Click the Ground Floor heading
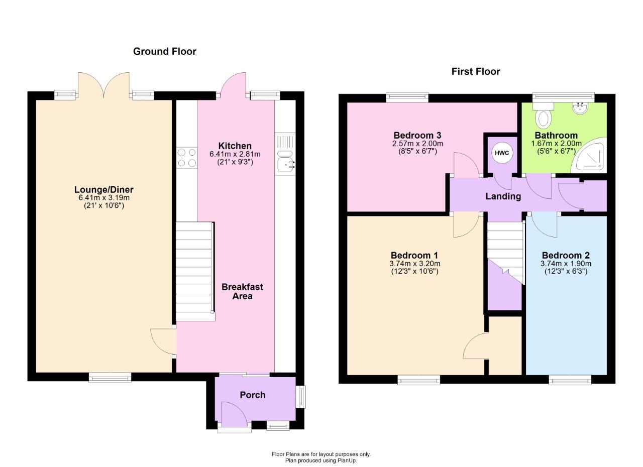pyautogui.click(x=164, y=51)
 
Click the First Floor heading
pyautogui.click(x=475, y=71)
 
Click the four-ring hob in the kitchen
pyautogui.click(x=186, y=157)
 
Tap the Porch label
pyautogui.click(x=252, y=395)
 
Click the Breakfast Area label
pyautogui.click(x=242, y=292)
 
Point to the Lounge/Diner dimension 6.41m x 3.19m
pyautogui.click(x=104, y=198)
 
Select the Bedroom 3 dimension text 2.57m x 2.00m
pyautogui.click(x=417, y=144)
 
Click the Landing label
pyautogui.click(x=503, y=196)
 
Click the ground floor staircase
pyautogui.click(x=194, y=271)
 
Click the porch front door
pyautogui.click(x=233, y=416)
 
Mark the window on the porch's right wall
pyautogui.click(x=301, y=397)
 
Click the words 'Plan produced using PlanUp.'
pyautogui.click(x=321, y=460)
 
